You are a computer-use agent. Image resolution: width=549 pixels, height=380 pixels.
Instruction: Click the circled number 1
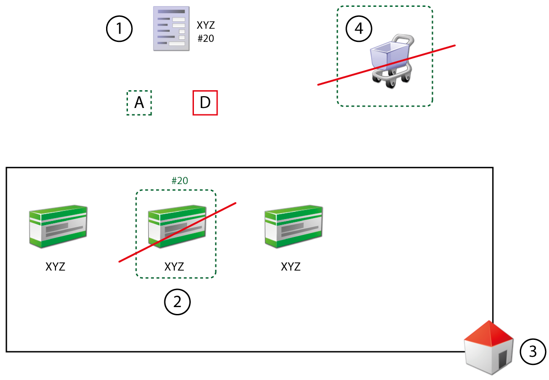click(119, 29)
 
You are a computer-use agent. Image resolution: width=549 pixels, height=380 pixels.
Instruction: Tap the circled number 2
click(177, 301)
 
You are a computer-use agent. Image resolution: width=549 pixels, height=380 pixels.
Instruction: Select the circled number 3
click(533, 351)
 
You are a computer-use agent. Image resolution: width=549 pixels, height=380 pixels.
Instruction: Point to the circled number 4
click(359, 29)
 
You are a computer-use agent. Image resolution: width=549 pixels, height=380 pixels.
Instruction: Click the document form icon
click(171, 28)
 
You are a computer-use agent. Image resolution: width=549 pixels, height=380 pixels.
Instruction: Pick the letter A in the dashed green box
click(139, 103)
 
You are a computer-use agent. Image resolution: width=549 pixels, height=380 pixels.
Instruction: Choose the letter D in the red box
click(205, 103)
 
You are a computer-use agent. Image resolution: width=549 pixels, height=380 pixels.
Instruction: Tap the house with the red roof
click(488, 347)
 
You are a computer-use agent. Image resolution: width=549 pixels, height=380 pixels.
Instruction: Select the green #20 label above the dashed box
click(180, 181)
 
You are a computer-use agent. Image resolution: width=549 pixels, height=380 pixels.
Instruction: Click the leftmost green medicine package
click(58, 226)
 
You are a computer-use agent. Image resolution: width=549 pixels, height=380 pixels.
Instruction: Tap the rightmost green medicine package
click(294, 226)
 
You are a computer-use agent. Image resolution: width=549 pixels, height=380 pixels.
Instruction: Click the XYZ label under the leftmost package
click(56, 267)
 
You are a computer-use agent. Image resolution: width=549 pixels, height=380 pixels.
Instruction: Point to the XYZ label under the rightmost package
click(291, 267)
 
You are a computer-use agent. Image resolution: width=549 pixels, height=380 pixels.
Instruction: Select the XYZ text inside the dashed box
click(174, 267)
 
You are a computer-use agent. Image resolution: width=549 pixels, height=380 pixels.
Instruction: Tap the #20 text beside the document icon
click(206, 39)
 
